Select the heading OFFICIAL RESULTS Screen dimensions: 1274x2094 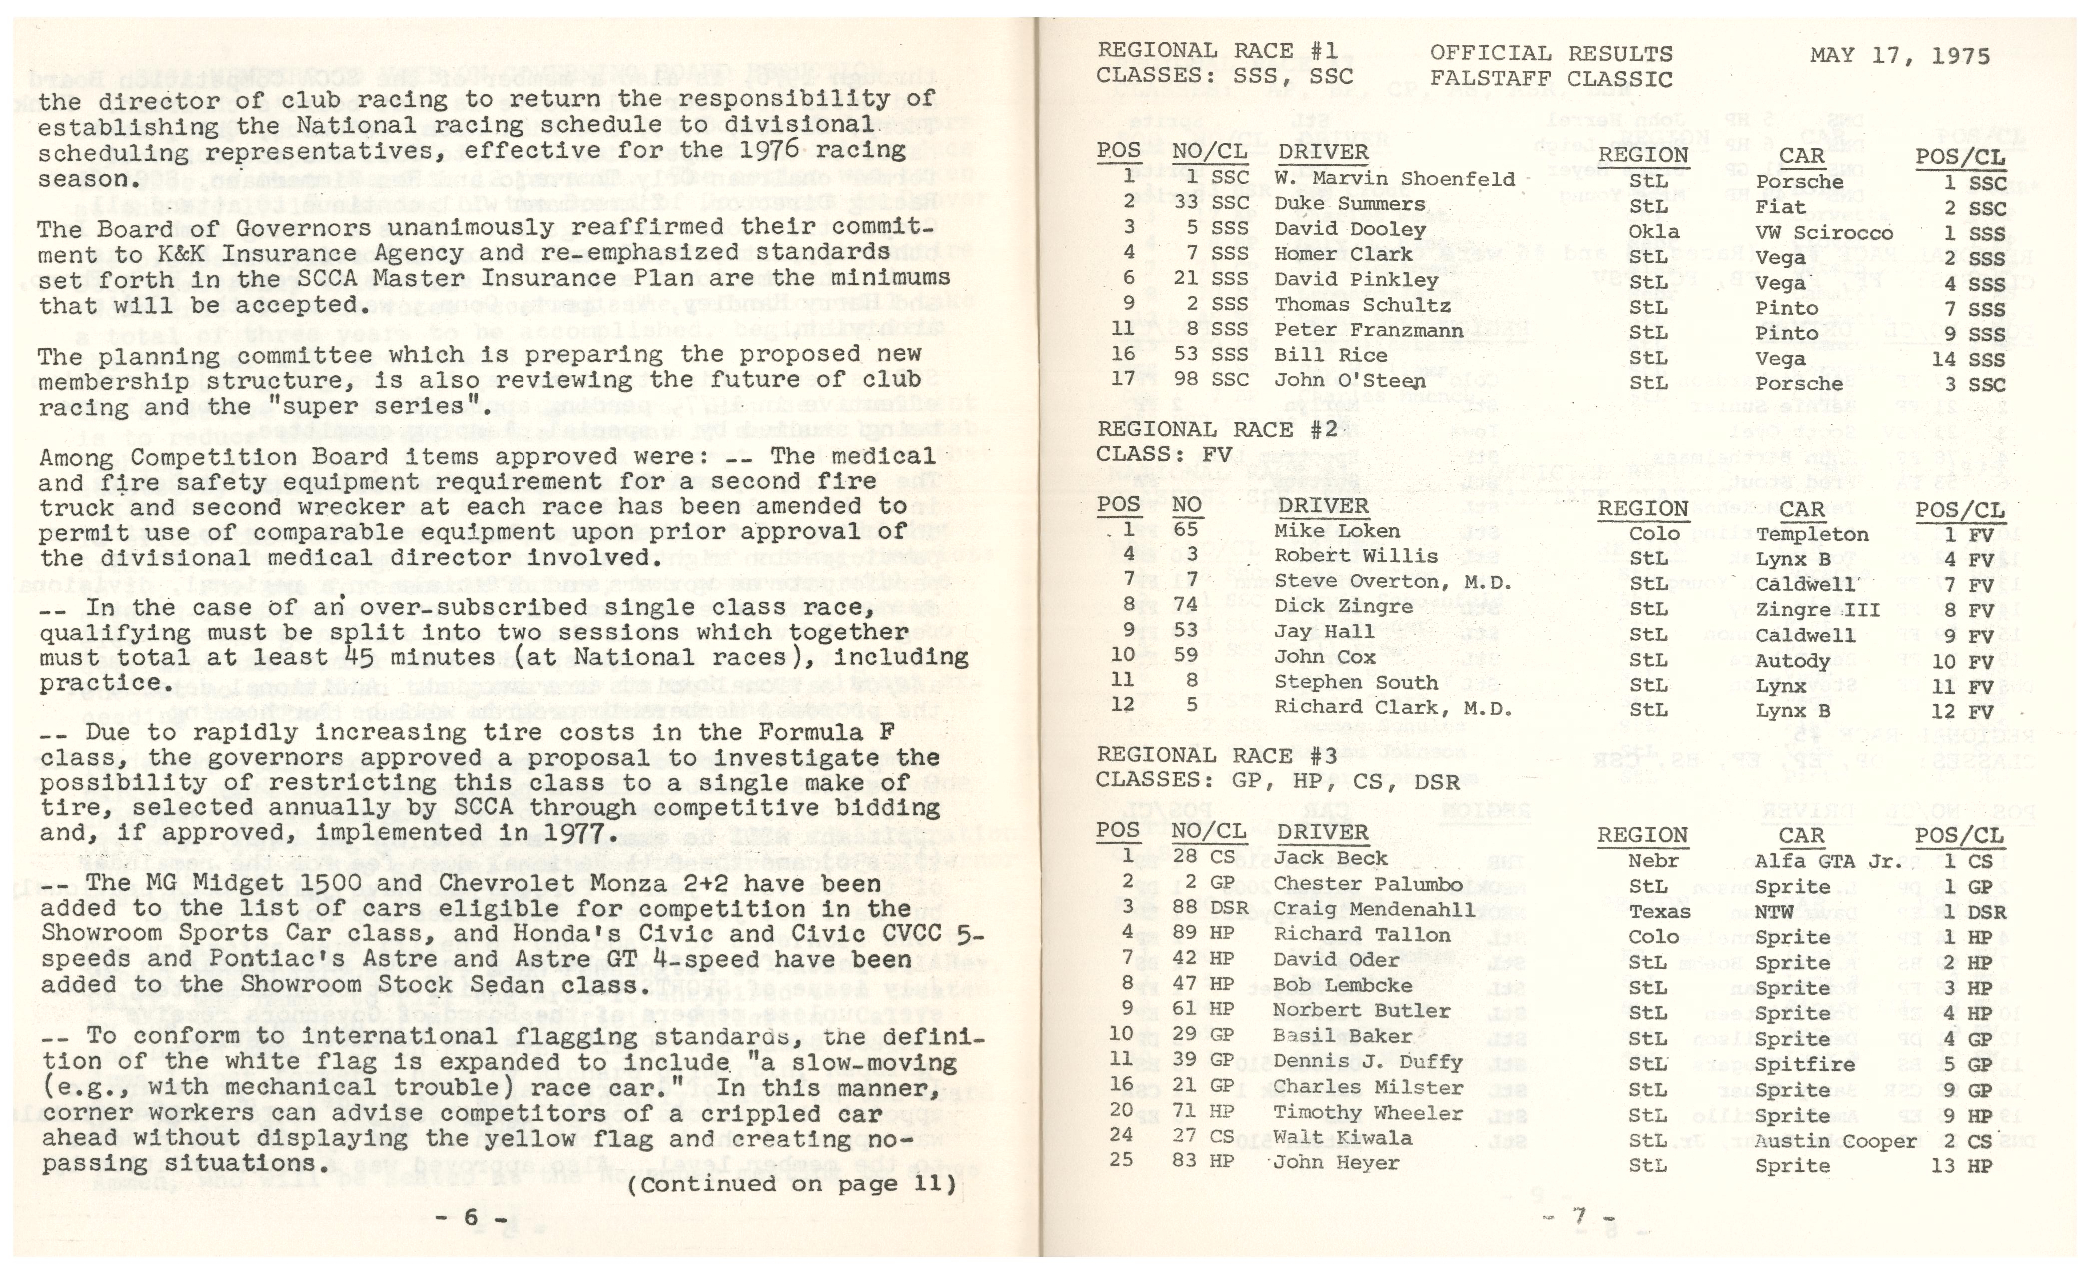point(1551,53)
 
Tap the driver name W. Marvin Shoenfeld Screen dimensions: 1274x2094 point(1394,179)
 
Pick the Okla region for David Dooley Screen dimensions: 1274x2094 point(1654,232)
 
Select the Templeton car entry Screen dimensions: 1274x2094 point(1812,535)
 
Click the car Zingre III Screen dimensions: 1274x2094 point(1817,610)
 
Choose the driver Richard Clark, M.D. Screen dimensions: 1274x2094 point(1393,708)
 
